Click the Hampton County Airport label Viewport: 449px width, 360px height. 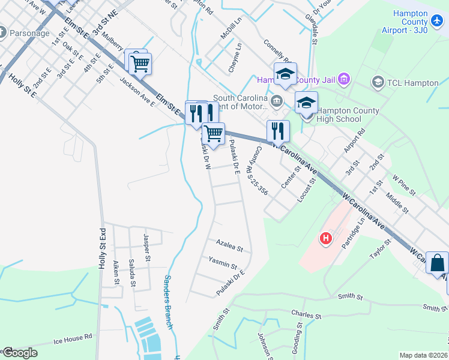(410, 22)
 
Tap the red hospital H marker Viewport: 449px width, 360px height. (326, 238)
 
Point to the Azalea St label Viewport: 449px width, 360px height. (229, 245)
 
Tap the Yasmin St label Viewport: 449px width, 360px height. (222, 262)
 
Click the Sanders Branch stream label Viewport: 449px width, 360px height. (168, 302)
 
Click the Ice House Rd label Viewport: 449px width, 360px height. (73, 338)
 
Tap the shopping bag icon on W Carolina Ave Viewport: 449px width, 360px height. (438, 263)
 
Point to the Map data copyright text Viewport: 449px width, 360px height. (423, 355)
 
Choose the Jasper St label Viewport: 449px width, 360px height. (146, 247)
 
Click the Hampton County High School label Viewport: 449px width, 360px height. (348, 115)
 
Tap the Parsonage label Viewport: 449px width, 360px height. (29, 33)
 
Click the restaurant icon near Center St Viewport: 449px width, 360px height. (278, 131)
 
